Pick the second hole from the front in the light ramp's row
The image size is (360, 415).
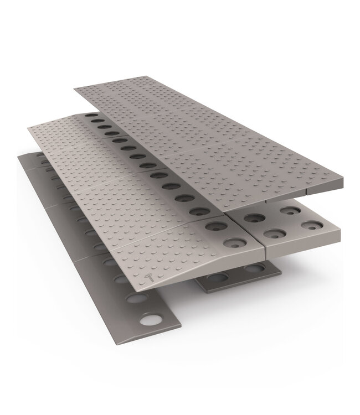point(215,225)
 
